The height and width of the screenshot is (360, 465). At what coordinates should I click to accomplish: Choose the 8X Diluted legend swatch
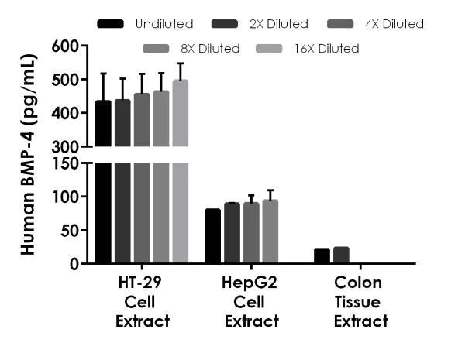157,49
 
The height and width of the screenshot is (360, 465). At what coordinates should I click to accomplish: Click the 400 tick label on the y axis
66,113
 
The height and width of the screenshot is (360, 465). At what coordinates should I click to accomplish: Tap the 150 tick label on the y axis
66,163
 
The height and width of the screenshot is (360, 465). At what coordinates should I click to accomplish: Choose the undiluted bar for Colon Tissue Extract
322,255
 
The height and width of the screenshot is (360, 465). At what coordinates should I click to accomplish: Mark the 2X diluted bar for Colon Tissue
341,255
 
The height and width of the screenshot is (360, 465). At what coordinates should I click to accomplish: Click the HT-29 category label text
141,283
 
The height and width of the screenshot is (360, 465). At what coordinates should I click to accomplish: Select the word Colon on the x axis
360,283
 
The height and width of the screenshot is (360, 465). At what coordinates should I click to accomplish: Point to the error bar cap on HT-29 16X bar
180,63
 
